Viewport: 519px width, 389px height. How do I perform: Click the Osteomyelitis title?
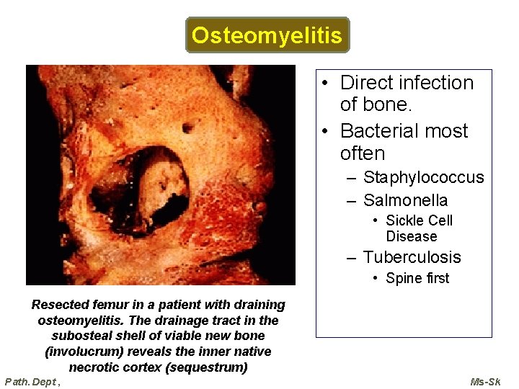267,35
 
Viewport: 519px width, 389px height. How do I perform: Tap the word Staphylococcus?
423,177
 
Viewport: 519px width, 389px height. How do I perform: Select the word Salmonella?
405,200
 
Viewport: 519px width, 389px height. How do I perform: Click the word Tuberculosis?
412,257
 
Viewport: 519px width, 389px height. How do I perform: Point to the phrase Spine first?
417,278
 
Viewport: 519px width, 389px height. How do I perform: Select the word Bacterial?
383,131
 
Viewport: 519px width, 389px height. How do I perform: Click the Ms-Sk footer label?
485,381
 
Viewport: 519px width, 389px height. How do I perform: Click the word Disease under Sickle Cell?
412,236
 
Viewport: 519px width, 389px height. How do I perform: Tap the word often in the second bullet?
363,153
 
